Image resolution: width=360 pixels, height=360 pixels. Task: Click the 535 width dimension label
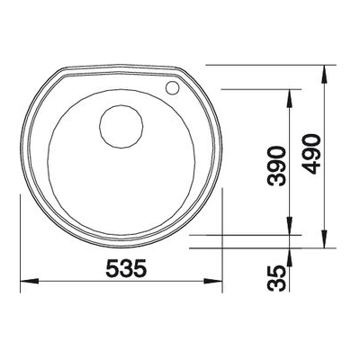pos(127,268)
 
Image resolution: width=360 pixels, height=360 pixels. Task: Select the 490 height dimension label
pos(311,154)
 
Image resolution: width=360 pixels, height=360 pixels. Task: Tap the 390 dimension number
pos(277,166)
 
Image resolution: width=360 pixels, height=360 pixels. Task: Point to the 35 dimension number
pos(276,278)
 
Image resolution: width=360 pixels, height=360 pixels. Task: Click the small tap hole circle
pos(172,87)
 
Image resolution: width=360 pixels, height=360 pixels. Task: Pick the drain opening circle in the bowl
pos(121,126)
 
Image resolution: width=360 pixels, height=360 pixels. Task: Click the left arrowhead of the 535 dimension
pos(30,282)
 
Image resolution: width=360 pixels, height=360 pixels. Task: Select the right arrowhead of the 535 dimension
pos(212,282)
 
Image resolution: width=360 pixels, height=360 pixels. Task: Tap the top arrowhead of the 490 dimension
pos(324,75)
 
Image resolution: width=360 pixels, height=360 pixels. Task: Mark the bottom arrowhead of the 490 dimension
pos(324,238)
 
